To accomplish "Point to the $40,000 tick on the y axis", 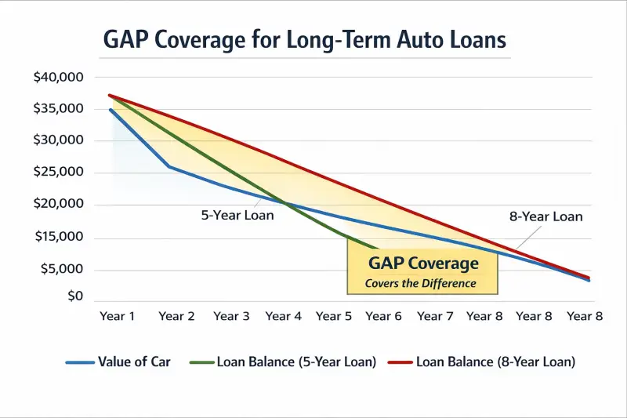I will [60, 77].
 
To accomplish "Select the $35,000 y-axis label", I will [60, 108].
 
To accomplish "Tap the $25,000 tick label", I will [60, 173].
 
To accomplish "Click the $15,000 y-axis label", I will [60, 237].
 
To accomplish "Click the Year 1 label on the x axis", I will [118, 316].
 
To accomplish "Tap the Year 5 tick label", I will [333, 316].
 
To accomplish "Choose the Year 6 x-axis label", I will [383, 316].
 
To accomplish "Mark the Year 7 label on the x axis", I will [435, 316].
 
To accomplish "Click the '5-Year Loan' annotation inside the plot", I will [237, 214].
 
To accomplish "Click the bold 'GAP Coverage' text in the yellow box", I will [423, 264].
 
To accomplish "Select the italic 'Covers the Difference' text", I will [421, 283].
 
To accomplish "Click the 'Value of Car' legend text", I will [134, 362].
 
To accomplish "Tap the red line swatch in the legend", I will [397, 362].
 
